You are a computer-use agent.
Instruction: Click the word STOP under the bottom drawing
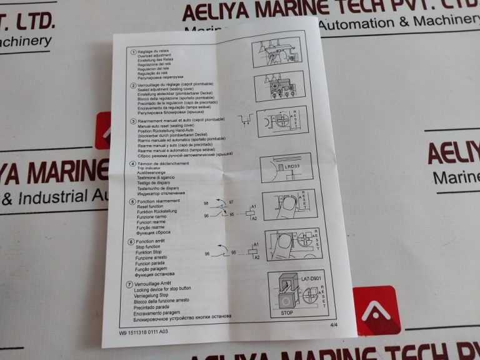tap(286, 312)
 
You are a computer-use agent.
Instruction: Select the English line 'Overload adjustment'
tap(155, 56)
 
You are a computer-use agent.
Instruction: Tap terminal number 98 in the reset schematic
tap(206, 204)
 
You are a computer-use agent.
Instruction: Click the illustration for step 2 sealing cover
tap(279, 86)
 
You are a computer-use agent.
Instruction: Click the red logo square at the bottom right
tap(376, 311)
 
